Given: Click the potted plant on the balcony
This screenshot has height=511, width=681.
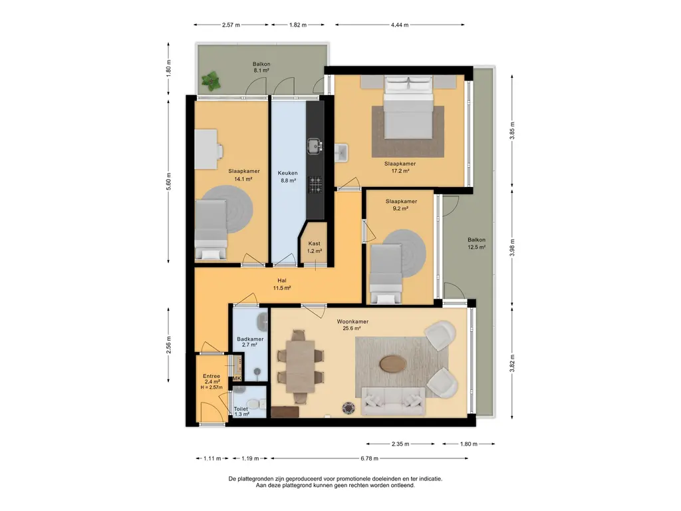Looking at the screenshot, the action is tap(211, 81).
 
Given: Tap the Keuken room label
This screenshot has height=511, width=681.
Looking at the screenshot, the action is tap(287, 174).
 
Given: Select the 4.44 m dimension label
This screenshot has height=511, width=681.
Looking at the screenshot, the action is tap(400, 25).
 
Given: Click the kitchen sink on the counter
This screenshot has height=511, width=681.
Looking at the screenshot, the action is tap(314, 146).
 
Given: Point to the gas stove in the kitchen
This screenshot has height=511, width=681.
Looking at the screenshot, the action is tap(315, 184).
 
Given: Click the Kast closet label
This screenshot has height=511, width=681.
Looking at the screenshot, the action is tap(314, 244).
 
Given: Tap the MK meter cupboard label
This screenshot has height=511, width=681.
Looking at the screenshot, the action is tap(237, 379).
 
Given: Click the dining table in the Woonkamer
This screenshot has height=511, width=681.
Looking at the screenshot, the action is tap(301, 367).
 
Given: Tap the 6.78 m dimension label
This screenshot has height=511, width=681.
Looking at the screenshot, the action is tap(369, 458).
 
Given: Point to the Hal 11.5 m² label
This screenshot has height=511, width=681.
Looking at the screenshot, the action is tap(282, 284).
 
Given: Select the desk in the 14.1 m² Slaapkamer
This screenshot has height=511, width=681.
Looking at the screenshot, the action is tap(206, 149).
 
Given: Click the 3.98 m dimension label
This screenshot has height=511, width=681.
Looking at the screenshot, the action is tap(512, 248).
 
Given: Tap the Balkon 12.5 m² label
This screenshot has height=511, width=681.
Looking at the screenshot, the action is tap(476, 244).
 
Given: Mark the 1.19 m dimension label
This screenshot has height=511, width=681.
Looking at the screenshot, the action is tap(250, 458).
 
